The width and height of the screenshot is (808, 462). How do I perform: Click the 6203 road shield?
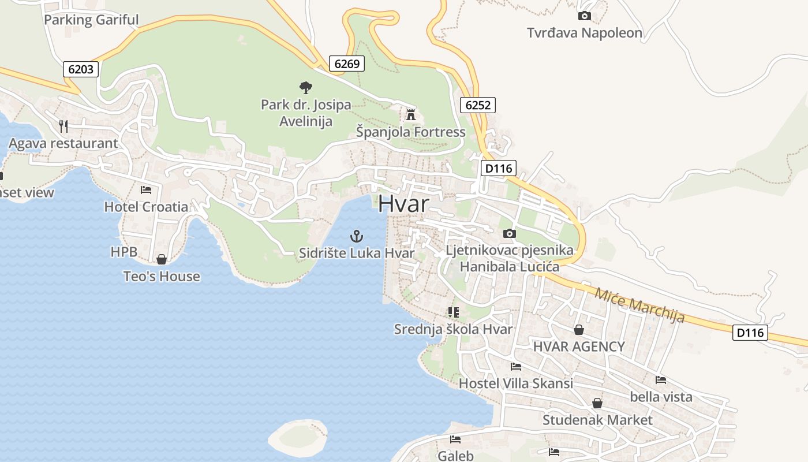81,69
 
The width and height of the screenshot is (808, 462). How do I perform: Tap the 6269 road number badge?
347,64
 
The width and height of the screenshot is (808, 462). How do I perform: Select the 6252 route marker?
478,105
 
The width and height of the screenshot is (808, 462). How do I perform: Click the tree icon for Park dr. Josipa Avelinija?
306,88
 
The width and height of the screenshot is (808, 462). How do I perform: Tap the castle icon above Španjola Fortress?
411,114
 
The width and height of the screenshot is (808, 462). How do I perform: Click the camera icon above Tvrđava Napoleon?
585,16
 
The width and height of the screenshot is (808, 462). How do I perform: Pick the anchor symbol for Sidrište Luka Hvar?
357,236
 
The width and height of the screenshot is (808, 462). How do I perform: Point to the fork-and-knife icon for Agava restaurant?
63,126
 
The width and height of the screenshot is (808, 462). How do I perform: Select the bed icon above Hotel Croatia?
146,189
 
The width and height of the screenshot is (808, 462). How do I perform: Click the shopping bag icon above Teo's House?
162,259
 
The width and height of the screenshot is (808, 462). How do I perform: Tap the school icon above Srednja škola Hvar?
453,312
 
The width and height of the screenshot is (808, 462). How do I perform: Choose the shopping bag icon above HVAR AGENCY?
578,330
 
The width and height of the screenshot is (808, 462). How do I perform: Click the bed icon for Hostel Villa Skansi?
516,367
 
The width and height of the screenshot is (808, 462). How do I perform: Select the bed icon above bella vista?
661,380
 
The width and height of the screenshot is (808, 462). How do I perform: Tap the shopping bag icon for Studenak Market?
597,403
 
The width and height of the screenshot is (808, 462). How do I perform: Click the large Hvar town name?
404,204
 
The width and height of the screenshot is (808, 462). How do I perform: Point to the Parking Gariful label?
91,20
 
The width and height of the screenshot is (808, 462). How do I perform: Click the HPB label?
124,252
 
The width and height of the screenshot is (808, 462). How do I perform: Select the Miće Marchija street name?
639,305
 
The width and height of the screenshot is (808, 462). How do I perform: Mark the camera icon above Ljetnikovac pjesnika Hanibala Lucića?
509,233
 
